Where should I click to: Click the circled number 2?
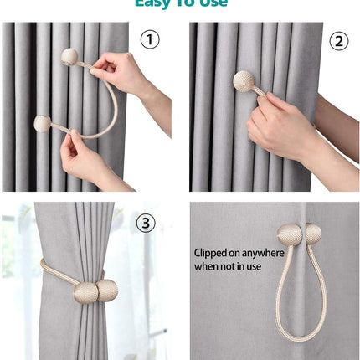(x=338, y=40)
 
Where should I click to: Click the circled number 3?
(x=146, y=223)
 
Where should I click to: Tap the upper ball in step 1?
(x=69, y=57)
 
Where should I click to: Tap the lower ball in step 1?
(x=42, y=123)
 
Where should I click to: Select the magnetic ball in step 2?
(x=244, y=81)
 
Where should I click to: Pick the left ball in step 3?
(x=86, y=293)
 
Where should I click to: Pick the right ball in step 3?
(x=107, y=291)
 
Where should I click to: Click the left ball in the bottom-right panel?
(x=289, y=234)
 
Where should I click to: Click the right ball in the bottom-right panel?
(x=311, y=233)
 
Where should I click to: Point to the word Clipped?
(x=213, y=252)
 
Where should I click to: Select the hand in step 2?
(x=276, y=126)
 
